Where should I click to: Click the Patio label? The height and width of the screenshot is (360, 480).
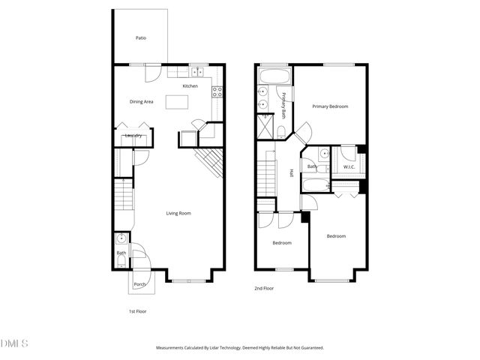(x=140, y=38)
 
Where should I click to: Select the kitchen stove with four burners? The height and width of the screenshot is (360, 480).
(x=217, y=93)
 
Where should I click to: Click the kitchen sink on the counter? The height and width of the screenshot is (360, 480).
(x=197, y=72)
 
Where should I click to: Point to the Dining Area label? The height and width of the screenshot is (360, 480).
(x=141, y=101)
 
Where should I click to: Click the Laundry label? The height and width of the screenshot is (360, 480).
(x=134, y=136)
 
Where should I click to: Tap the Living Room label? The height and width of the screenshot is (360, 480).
(x=178, y=213)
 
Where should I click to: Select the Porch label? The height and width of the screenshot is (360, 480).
(x=139, y=284)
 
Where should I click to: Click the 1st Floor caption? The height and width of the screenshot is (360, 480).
(x=138, y=310)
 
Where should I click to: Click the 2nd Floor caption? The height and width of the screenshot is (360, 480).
(x=263, y=287)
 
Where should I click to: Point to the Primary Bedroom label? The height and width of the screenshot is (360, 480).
(x=330, y=106)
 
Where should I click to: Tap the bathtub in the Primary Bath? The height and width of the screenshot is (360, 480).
(x=269, y=76)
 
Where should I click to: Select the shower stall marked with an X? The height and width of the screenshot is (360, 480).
(x=265, y=126)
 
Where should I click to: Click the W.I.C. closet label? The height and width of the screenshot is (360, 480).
(x=349, y=166)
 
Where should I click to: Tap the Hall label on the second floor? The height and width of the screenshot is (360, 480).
(x=291, y=173)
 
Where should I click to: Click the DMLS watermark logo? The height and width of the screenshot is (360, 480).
(x=14, y=343)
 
